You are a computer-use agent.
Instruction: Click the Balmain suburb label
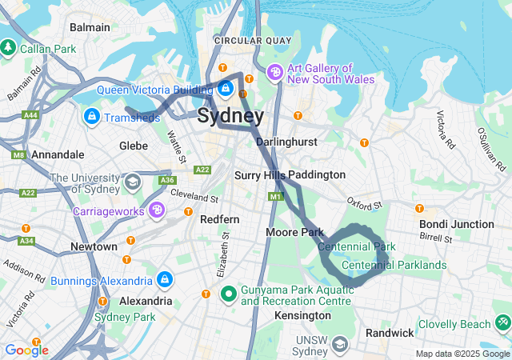[x=90, y=27]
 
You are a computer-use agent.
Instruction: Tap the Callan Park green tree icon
[x=9, y=48]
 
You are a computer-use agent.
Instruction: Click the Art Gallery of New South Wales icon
[x=275, y=73]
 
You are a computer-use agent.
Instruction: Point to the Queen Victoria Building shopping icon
[x=226, y=86]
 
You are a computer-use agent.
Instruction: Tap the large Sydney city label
[x=230, y=115]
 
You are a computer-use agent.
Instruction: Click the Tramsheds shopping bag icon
[x=92, y=118]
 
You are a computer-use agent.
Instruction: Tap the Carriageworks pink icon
[x=158, y=210]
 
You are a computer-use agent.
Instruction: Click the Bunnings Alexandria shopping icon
[x=165, y=280]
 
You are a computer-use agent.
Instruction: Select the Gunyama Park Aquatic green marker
[x=228, y=294]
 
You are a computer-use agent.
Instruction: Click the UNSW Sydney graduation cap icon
[x=340, y=345]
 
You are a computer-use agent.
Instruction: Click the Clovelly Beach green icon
[x=502, y=322]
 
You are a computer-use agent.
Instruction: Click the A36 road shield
[x=167, y=181]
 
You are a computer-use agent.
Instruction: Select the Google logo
[x=26, y=350]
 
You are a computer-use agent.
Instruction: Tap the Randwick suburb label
[x=390, y=332]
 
